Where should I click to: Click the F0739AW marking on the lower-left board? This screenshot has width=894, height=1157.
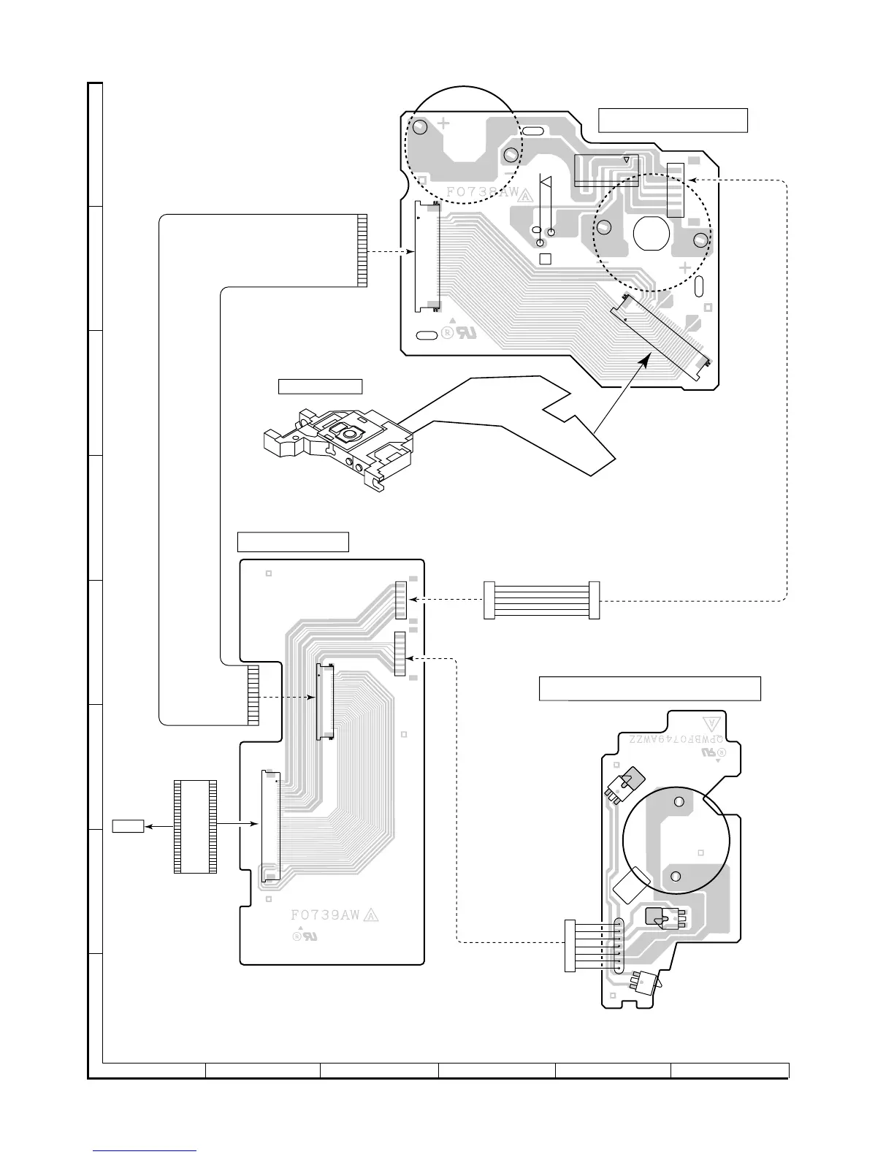click(325, 915)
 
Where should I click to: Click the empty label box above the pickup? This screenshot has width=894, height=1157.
click(321, 386)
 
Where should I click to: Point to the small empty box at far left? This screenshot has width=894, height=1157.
click(127, 826)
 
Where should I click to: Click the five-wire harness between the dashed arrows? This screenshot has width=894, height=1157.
click(541, 600)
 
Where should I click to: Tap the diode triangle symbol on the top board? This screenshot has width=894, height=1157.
click(546, 180)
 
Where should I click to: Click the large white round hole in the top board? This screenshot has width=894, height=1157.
click(652, 234)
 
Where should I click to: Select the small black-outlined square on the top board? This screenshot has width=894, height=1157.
click(546, 259)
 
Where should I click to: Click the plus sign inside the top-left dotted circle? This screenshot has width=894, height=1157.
click(443, 123)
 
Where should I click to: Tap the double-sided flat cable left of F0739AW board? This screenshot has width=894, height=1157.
click(195, 826)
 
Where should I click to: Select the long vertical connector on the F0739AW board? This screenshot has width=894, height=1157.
click(270, 825)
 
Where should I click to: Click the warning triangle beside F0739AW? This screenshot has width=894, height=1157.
click(370, 916)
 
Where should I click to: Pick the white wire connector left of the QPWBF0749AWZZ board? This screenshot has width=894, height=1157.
click(570, 945)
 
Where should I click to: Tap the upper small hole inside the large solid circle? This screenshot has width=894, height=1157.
click(679, 802)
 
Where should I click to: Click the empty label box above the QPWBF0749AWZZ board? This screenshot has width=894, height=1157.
click(649, 688)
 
